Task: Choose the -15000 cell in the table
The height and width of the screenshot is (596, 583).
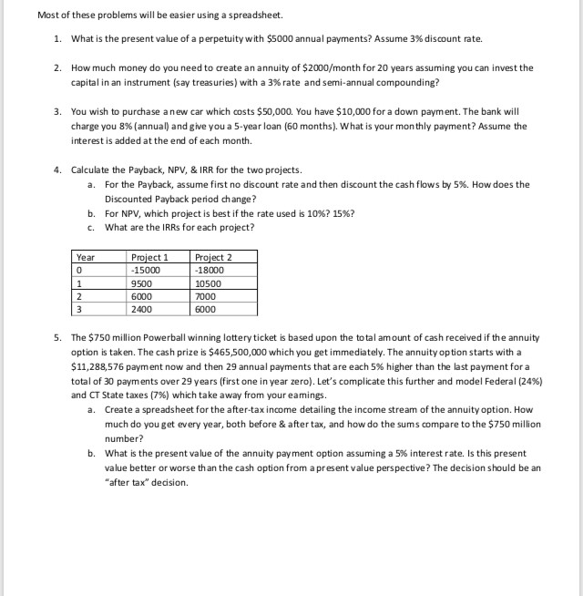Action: (x=147, y=270)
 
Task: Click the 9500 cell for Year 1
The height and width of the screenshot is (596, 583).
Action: (x=143, y=283)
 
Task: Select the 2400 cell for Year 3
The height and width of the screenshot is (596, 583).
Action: (x=143, y=309)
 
